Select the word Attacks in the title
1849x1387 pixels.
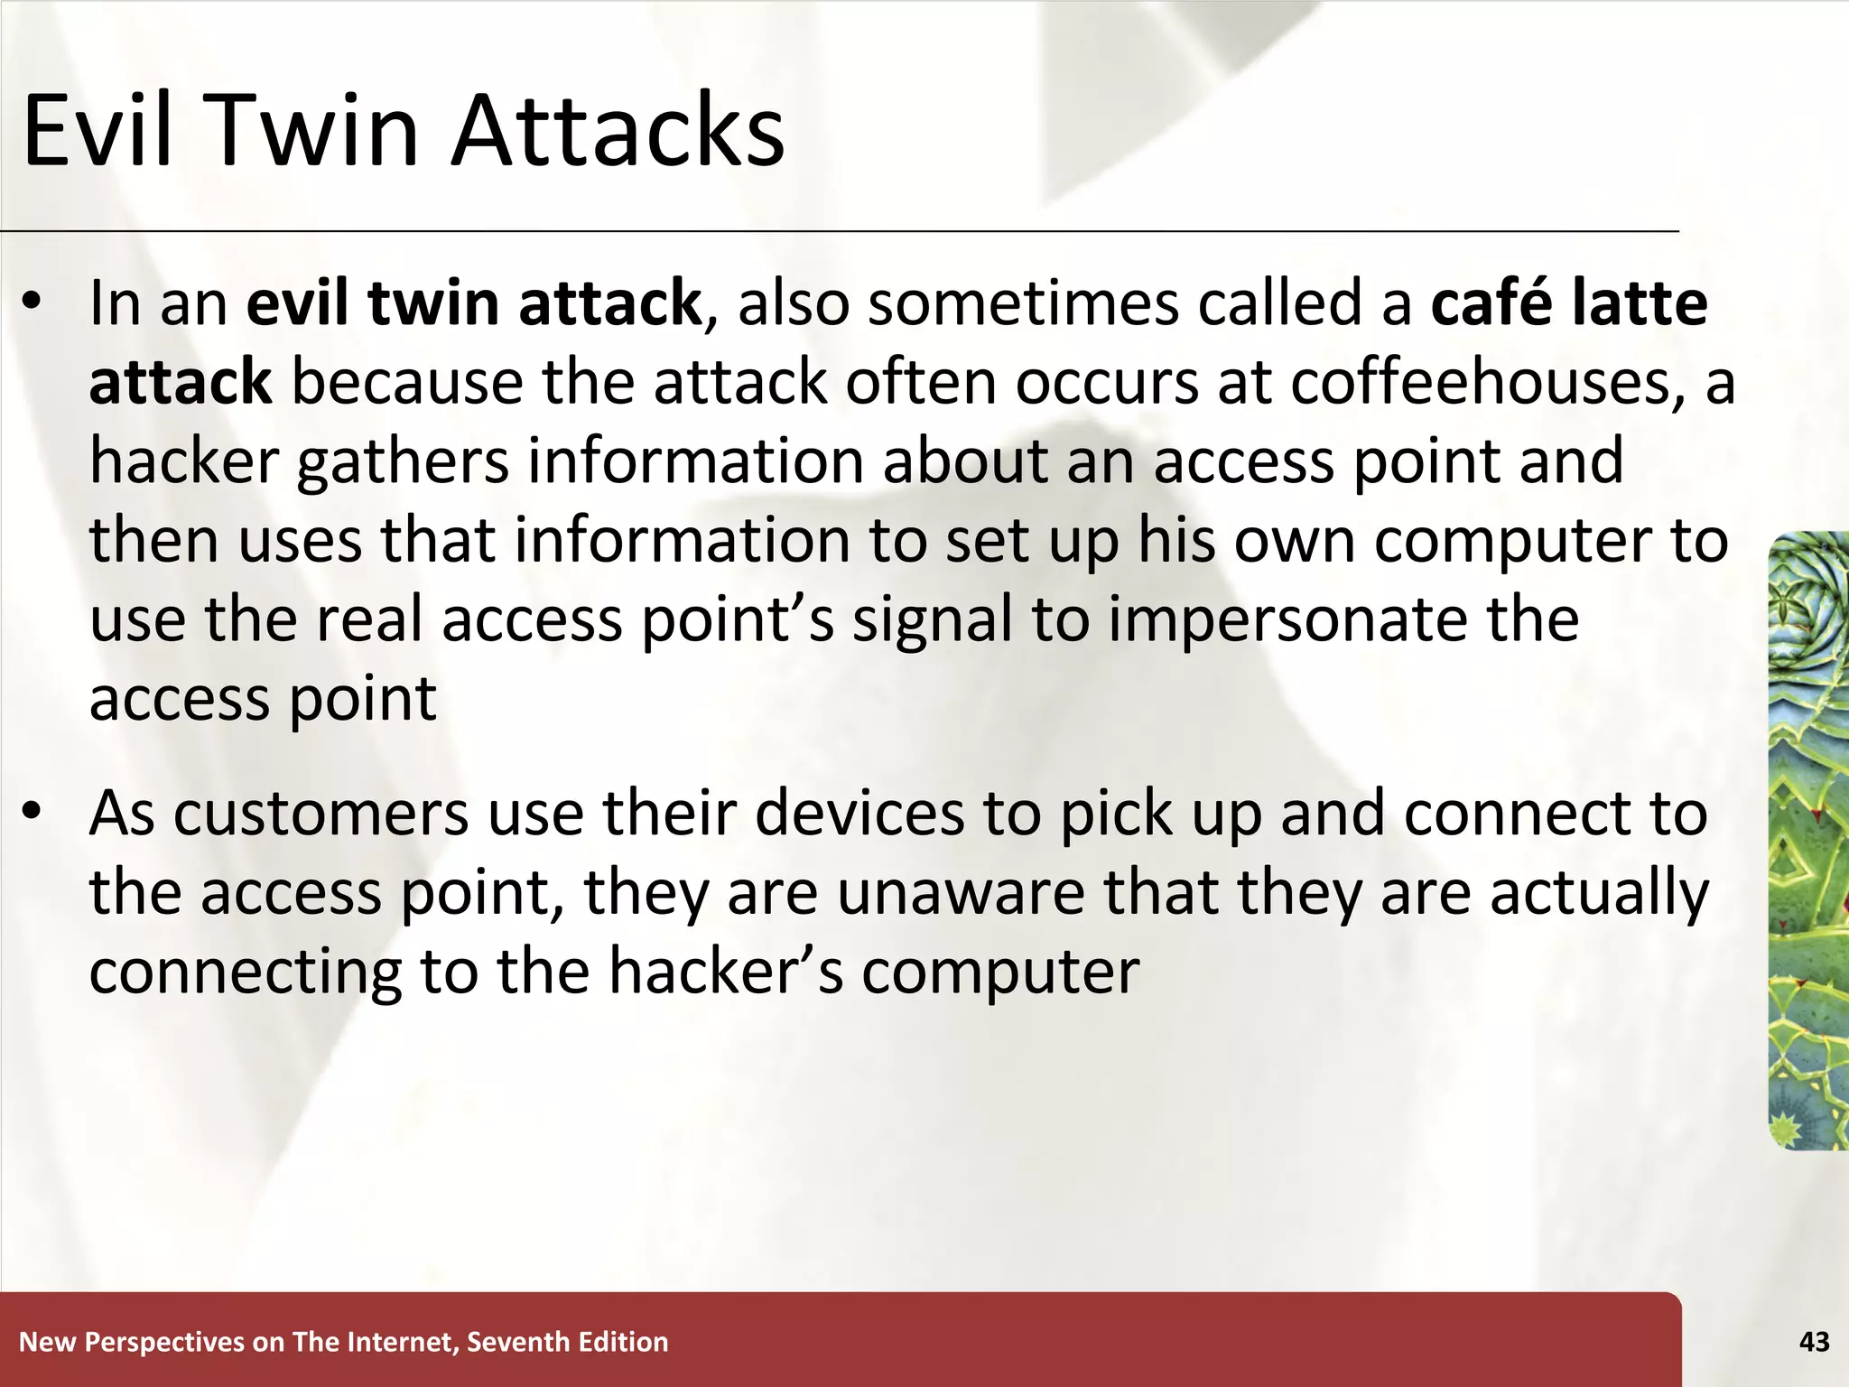coord(618,131)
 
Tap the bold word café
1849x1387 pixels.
coord(1490,303)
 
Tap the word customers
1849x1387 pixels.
coord(321,814)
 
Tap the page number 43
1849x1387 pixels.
coord(1814,1343)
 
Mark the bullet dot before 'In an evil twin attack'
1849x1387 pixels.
coord(33,304)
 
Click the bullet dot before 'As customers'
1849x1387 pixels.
coord(33,814)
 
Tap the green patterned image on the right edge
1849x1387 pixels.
coord(1807,841)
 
